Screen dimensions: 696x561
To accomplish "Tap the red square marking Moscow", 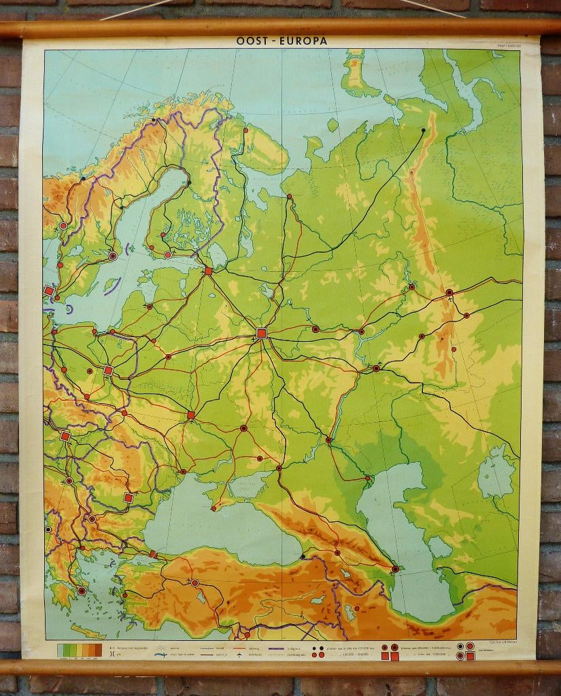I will pyautogui.click(x=262, y=333).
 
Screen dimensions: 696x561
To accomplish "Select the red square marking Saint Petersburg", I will pyautogui.click(x=208, y=271).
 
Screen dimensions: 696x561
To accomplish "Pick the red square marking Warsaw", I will pyautogui.click(x=108, y=370).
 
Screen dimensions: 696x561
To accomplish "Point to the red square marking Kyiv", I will pyautogui.click(x=191, y=415).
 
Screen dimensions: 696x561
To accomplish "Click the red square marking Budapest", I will pyautogui.click(x=65, y=436).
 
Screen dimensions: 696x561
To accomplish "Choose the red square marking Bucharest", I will pyautogui.click(x=128, y=498).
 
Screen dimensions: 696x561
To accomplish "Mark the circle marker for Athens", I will pyautogui.click(x=82, y=591).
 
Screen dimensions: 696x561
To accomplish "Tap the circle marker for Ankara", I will pyautogui.click(x=195, y=582).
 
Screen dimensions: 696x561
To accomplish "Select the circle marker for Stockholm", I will pyautogui.click(x=113, y=256).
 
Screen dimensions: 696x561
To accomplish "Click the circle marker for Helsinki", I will pyautogui.click(x=168, y=255).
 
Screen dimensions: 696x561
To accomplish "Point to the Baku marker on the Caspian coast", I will pyautogui.click(x=395, y=569).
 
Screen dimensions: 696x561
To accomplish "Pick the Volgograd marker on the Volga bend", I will pyautogui.click(x=328, y=440).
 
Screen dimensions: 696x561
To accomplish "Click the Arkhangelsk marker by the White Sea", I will pyautogui.click(x=289, y=197).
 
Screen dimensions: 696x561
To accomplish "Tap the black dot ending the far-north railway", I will pyautogui.click(x=424, y=130).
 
